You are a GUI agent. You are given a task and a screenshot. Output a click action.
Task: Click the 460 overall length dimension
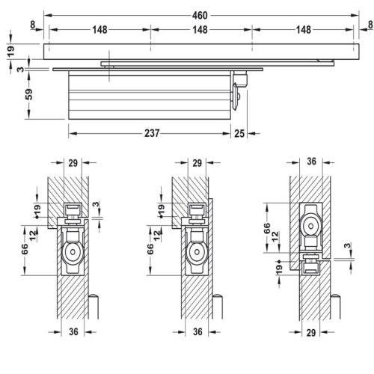pos(198,15)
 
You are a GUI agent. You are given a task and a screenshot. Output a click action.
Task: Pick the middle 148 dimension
pos(199,30)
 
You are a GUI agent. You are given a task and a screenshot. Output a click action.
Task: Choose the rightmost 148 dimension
pos(301,30)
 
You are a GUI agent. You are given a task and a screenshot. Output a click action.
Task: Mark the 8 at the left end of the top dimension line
pos(34,25)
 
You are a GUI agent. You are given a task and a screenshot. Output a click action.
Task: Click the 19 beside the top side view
pos(11,50)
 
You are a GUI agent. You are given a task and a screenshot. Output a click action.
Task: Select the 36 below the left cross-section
pos(73,332)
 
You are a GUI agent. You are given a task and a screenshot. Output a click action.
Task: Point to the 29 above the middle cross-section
pos(197,163)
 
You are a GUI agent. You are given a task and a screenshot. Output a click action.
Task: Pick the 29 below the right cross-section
pos(311,332)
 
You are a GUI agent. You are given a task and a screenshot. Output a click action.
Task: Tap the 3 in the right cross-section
pos(346,246)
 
